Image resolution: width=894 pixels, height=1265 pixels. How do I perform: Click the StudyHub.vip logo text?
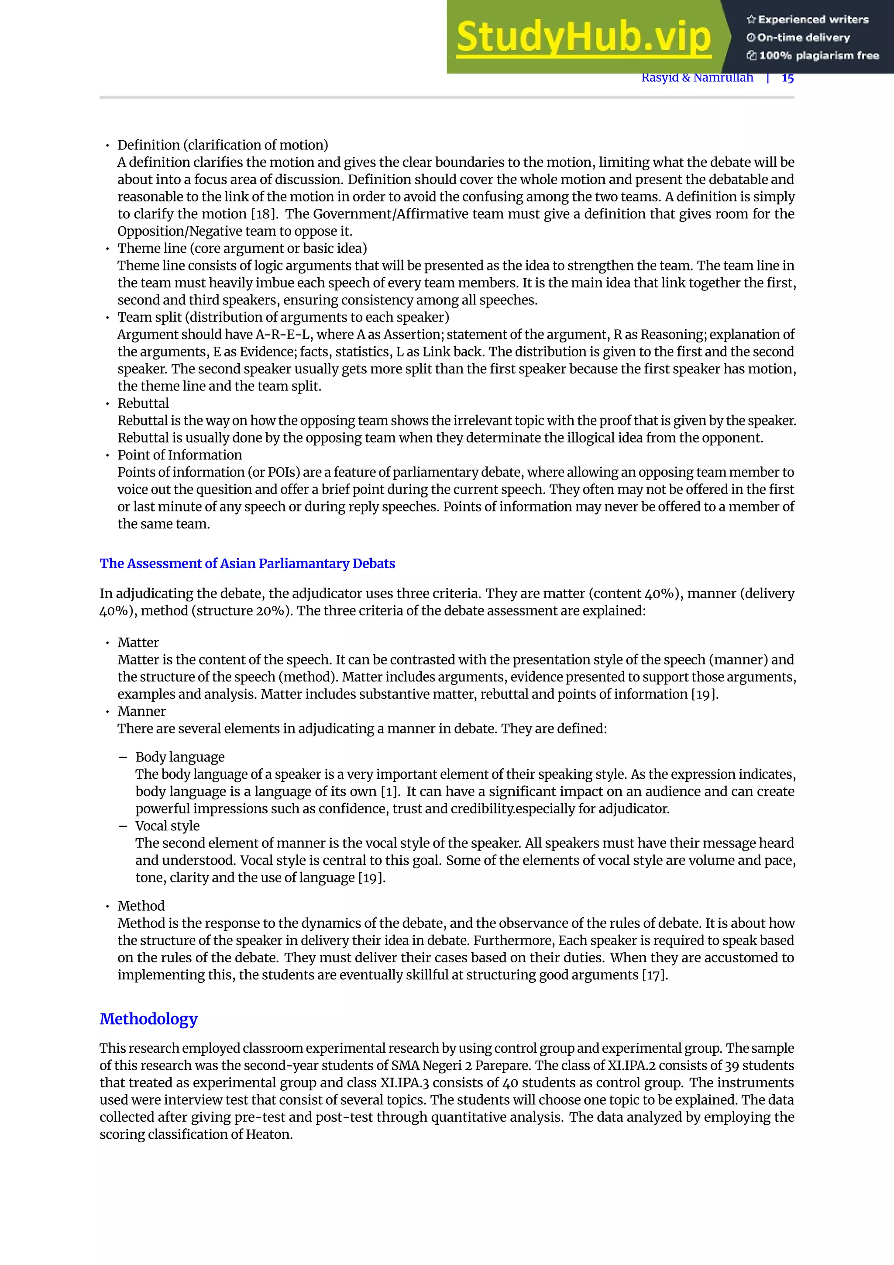584,38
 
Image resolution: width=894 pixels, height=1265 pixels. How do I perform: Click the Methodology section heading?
148,1019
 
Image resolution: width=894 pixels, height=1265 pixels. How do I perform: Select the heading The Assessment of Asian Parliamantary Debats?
247,563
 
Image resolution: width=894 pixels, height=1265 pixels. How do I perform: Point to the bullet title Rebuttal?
143,403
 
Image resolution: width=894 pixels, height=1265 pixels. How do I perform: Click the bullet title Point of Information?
179,455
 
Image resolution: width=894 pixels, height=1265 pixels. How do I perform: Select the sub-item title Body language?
180,757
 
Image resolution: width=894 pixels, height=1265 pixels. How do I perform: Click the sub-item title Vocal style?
167,826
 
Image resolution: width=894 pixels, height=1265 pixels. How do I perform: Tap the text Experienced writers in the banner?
813,19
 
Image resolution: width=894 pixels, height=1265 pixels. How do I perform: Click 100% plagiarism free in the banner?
818,55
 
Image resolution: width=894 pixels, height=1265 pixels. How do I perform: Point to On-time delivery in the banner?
803,38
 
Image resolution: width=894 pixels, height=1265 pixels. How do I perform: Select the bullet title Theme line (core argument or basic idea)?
242,249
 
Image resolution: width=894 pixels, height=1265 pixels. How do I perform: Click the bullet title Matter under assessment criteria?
138,643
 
